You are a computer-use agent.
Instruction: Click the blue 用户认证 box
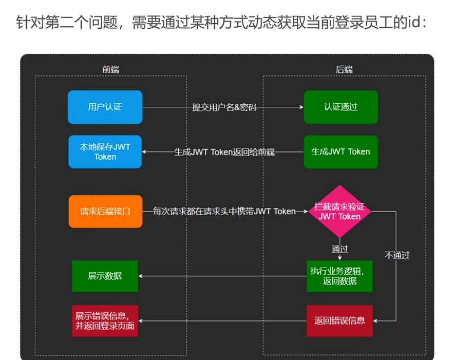pyautogui.click(x=105, y=107)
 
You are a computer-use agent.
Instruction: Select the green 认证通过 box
pyautogui.click(x=341, y=107)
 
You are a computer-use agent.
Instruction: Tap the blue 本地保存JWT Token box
pyautogui.click(x=105, y=151)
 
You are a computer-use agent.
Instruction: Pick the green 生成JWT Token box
pyautogui.click(x=341, y=151)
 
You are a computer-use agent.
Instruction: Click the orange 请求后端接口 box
pyautogui.click(x=105, y=211)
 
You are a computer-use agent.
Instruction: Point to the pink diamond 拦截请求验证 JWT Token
pyautogui.click(x=340, y=211)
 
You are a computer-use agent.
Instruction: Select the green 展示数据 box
pyautogui.click(x=105, y=276)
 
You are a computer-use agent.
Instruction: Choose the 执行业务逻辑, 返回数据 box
pyautogui.click(x=339, y=276)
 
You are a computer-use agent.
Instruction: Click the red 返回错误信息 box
pyautogui.click(x=339, y=321)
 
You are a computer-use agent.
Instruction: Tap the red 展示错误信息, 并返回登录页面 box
pyautogui.click(x=105, y=321)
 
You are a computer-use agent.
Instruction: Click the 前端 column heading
pyautogui.click(x=111, y=69)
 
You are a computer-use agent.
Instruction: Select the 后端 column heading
pyautogui.click(x=344, y=69)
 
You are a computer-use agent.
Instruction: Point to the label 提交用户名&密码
pyautogui.click(x=224, y=107)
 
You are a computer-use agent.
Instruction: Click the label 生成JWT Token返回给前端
pyautogui.click(x=224, y=152)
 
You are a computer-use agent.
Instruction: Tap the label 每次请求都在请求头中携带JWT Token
pyautogui.click(x=224, y=211)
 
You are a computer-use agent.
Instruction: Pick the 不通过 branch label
pyautogui.click(x=397, y=255)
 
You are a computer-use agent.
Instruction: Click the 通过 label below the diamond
pyautogui.click(x=340, y=249)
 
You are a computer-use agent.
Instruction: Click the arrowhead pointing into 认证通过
pyautogui.click(x=301, y=107)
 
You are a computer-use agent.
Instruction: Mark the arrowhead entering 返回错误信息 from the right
pyautogui.click(x=375, y=321)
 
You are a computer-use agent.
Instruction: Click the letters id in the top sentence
pyautogui.click(x=415, y=22)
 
